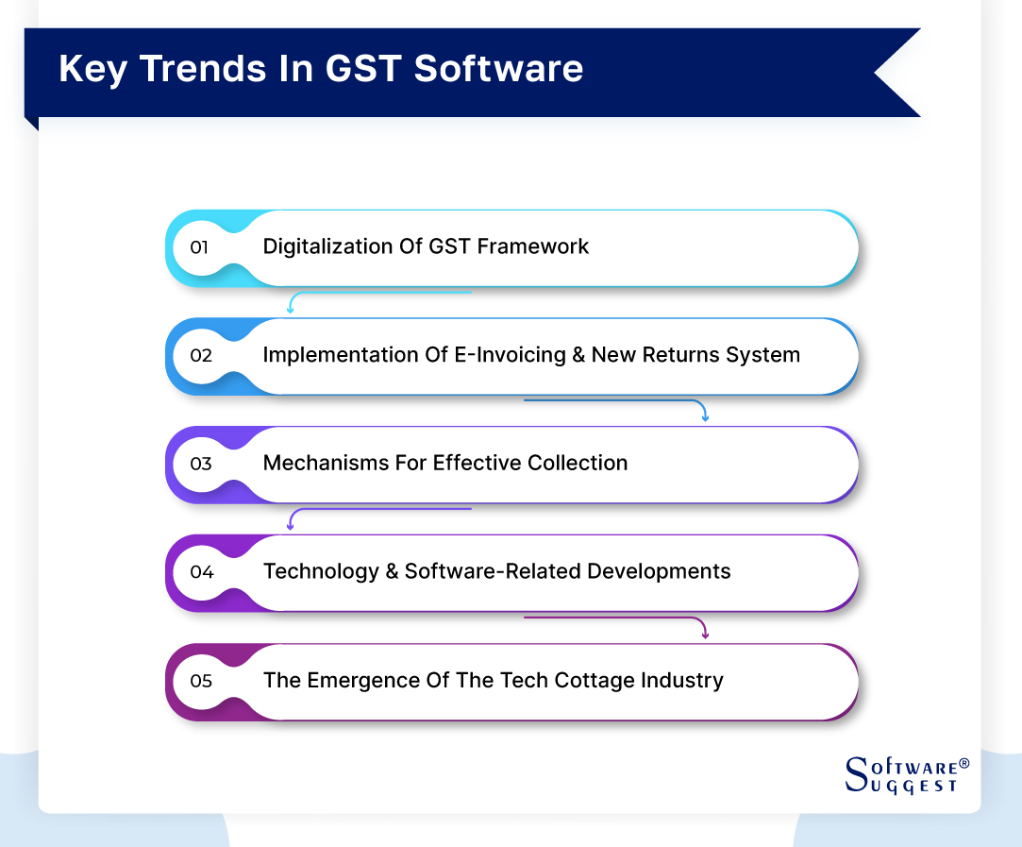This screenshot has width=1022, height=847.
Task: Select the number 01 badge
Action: [x=199, y=247]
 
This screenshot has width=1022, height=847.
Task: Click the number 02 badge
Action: [x=200, y=356]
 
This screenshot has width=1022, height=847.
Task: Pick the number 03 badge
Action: [x=200, y=464]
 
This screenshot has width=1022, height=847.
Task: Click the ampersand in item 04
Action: [x=393, y=571]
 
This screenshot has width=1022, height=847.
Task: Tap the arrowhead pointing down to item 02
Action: [x=292, y=309]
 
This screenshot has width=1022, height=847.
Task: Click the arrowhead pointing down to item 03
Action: [x=704, y=416]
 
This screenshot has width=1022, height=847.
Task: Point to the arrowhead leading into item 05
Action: [x=704, y=634]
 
